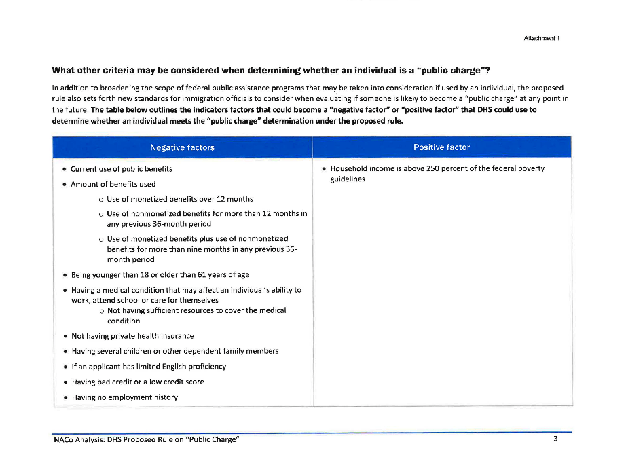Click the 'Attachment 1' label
pyautogui.click(x=541, y=38)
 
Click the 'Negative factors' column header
pyautogui.click(x=182, y=147)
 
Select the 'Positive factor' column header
pyautogui.click(x=441, y=147)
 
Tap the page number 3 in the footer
pyautogui.click(x=555, y=439)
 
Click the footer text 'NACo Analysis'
pyautogui.click(x=79, y=440)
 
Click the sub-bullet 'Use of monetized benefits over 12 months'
pyautogui.click(x=180, y=199)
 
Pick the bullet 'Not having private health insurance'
pyautogui.click(x=132, y=336)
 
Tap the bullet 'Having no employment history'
pyautogui.click(x=125, y=397)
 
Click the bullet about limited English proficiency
pyautogui.click(x=149, y=367)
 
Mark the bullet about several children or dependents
pyautogui.click(x=174, y=351)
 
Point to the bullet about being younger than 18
pyautogui.click(x=160, y=275)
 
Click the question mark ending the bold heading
pyautogui.click(x=487, y=70)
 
